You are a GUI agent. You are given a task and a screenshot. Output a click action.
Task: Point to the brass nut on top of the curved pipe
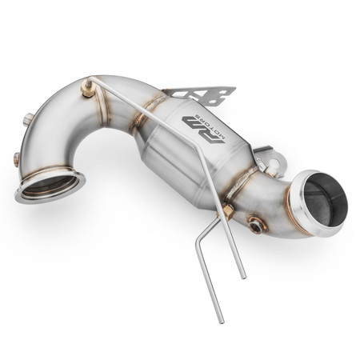(86, 89)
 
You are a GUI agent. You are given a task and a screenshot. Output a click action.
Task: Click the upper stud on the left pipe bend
(29, 119)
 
